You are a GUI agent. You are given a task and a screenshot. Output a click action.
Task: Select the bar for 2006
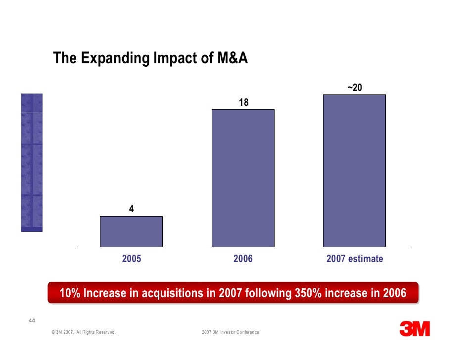(x=243, y=178)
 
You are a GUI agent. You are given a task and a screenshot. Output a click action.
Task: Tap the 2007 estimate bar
(x=354, y=171)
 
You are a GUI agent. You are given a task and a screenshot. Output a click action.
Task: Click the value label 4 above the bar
(x=131, y=209)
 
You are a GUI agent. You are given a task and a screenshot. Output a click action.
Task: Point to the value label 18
(x=243, y=102)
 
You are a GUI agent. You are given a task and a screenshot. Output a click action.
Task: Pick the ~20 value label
(x=355, y=88)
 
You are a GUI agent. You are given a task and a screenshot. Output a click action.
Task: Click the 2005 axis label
(x=132, y=259)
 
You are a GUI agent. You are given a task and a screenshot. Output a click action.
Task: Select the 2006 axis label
(x=243, y=259)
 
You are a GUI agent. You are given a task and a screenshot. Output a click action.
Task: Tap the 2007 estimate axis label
(x=355, y=259)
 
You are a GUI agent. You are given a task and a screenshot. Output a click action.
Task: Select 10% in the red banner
(x=70, y=293)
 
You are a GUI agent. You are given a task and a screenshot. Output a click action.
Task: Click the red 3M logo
(x=415, y=328)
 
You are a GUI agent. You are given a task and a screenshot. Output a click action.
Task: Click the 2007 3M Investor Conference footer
(x=231, y=332)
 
